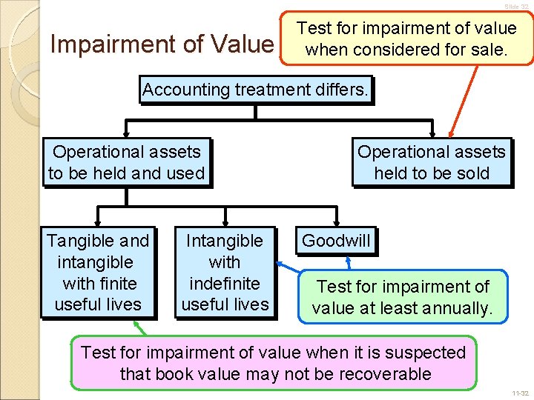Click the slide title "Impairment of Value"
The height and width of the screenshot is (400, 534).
(x=161, y=44)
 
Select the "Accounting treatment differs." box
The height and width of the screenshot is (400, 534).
(x=256, y=90)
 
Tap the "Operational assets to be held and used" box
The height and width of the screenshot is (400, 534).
(x=126, y=162)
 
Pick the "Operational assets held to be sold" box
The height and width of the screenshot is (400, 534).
(x=432, y=162)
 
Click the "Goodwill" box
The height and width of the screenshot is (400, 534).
(x=336, y=241)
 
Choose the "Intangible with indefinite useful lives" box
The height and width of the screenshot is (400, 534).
(x=225, y=272)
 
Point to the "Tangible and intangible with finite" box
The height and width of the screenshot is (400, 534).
(x=98, y=272)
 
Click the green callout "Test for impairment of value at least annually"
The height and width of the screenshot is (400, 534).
(x=403, y=296)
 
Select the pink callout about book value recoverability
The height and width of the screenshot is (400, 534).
(x=274, y=362)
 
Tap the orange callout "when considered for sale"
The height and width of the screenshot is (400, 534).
(x=406, y=39)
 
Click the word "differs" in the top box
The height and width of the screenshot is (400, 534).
(x=340, y=90)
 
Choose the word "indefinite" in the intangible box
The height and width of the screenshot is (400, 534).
(x=225, y=283)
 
